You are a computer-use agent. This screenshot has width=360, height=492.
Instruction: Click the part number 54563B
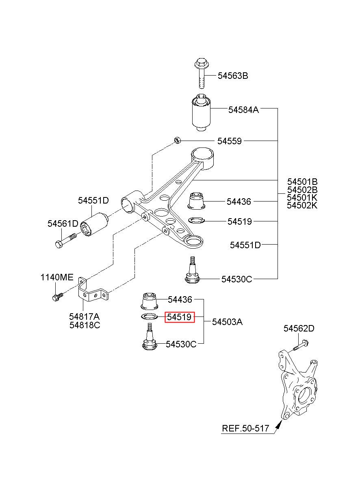[x=233, y=76]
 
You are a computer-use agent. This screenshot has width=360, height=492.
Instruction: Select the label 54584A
[x=243, y=110]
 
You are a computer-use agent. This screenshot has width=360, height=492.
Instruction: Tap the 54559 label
[x=230, y=141]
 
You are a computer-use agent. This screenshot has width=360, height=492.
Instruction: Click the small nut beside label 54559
[x=178, y=140]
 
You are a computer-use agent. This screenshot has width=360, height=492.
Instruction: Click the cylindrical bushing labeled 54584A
[x=200, y=112]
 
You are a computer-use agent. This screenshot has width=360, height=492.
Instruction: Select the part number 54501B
[x=302, y=182]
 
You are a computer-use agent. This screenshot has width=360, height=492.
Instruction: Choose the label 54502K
[x=302, y=205]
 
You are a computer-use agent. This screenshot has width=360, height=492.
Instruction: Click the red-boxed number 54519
[x=180, y=317]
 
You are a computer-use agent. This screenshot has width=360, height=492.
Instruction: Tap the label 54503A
[x=227, y=322]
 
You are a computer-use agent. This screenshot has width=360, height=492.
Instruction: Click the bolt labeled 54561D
[x=65, y=241]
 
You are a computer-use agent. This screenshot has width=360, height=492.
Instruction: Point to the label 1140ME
[x=57, y=277]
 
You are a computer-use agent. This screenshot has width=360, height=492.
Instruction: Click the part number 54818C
[x=85, y=325]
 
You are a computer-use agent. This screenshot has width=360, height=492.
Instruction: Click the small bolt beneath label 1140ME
[x=58, y=296]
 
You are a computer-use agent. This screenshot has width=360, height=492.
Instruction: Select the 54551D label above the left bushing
[x=93, y=201]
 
